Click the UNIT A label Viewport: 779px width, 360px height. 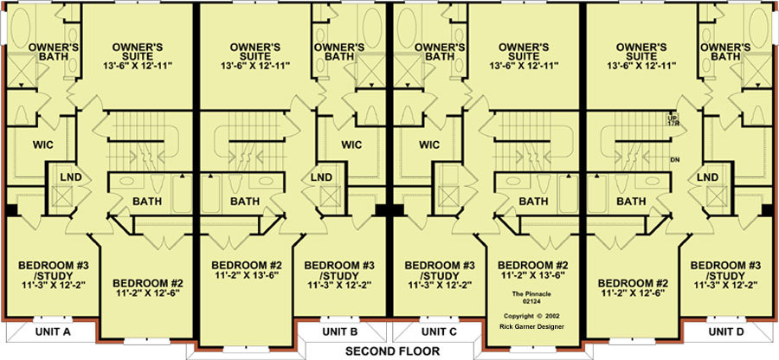coord(52,332)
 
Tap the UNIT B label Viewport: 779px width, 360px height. coord(340,331)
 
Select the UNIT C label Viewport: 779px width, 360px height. coord(438,331)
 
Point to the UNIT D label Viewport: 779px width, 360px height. coord(726,331)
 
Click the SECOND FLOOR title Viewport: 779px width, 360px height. coord(392,351)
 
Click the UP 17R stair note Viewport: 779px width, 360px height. coord(673,120)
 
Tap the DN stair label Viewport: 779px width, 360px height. coord(674,159)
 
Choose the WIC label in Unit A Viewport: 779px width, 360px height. coord(42,145)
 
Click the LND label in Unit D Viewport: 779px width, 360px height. coord(707,177)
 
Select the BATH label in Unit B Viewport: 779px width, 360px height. coord(244,202)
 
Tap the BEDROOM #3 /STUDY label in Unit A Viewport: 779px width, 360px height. coord(53,271)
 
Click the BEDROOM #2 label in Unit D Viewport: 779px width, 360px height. coord(633,283)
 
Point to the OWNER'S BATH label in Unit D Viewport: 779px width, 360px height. coord(725,52)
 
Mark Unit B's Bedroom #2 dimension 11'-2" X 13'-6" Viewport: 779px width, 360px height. coord(244,274)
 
